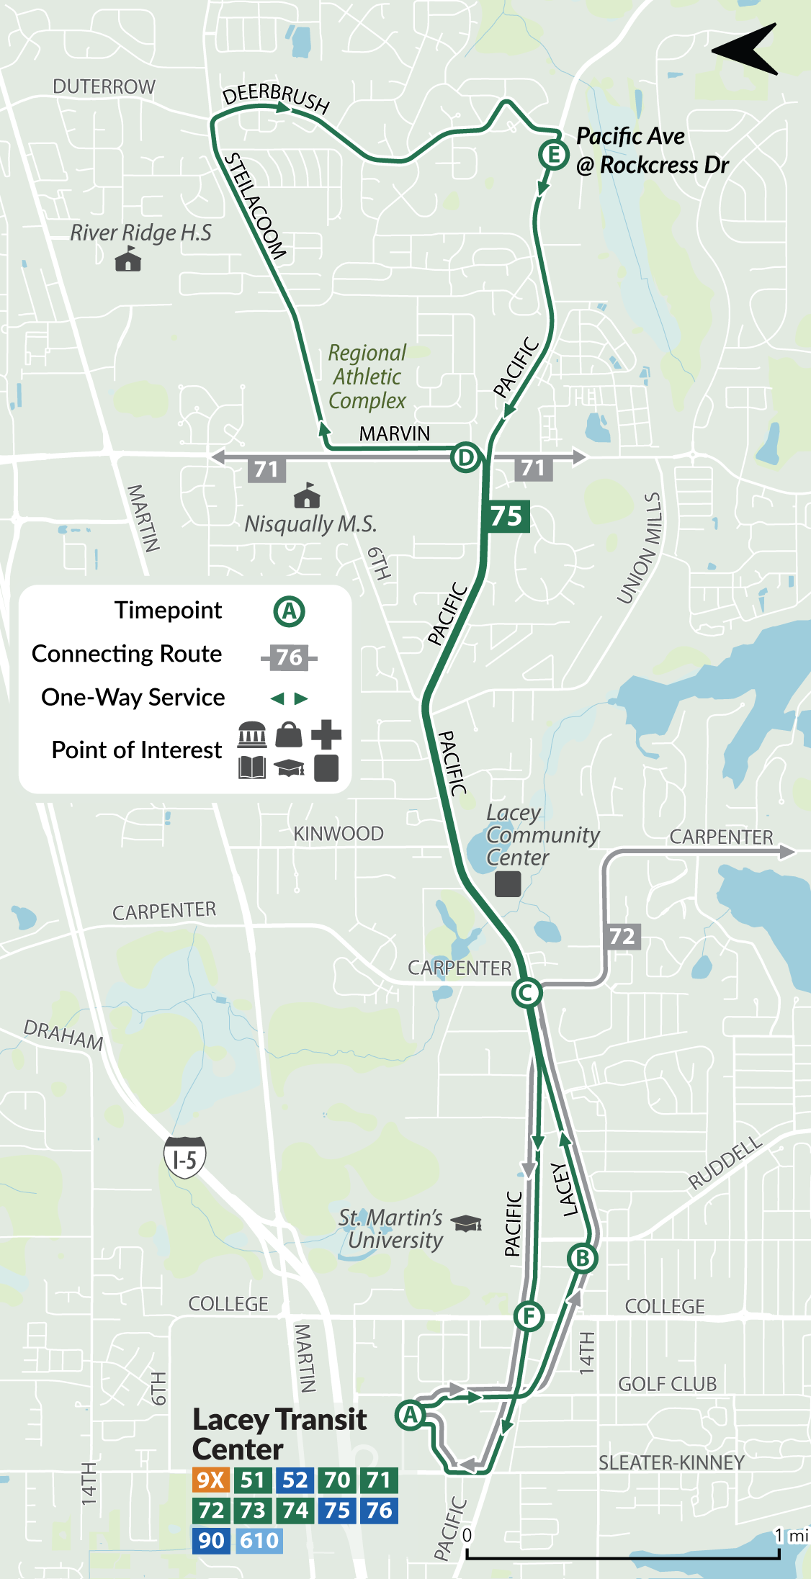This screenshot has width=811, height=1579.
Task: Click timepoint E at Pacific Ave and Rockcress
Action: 553,154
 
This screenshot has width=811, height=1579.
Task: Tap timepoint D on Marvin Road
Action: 465,457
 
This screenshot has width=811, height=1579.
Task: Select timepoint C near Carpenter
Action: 527,993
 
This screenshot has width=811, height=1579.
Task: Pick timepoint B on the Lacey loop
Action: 582,1258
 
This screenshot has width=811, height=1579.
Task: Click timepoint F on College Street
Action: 529,1317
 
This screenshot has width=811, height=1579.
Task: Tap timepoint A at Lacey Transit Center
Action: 410,1415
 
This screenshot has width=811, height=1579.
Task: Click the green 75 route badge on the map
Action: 507,516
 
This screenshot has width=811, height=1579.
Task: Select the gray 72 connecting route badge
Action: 622,936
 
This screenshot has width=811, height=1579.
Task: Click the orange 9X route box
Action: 211,1480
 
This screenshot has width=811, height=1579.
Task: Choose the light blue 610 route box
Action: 259,1540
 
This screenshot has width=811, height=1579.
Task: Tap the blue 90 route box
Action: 211,1540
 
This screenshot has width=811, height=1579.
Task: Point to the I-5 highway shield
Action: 185,1157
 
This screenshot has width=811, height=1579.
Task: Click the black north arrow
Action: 746,49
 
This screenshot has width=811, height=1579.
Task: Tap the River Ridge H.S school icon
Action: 128,259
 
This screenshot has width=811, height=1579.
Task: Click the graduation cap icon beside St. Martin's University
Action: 467,1222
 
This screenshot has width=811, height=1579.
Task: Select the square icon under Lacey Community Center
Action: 508,883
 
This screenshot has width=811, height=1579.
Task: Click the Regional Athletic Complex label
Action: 367,377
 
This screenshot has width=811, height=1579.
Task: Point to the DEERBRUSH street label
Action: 276,96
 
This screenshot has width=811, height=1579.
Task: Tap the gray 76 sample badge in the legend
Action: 289,657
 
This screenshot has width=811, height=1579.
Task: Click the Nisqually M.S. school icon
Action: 308,496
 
